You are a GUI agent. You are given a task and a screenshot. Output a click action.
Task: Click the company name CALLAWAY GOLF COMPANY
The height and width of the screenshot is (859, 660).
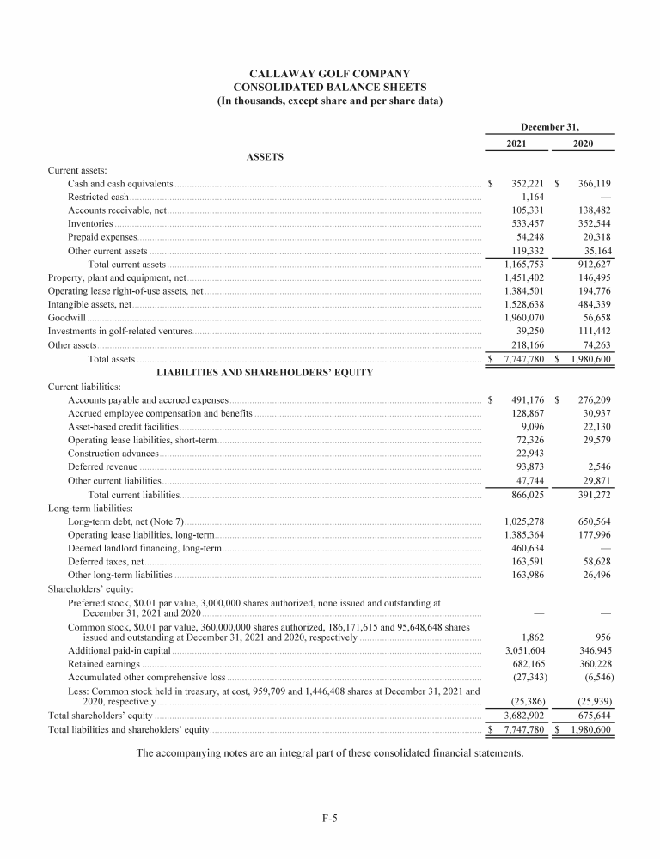(329, 74)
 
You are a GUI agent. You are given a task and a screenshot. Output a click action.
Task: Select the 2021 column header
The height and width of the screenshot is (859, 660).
(518, 144)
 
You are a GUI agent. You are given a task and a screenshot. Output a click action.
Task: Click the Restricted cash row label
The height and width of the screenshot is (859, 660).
(98, 198)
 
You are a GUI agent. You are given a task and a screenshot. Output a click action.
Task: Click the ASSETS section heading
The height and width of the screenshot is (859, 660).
(265, 157)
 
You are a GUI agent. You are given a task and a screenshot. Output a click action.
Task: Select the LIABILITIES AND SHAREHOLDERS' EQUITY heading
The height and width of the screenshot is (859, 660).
(265, 372)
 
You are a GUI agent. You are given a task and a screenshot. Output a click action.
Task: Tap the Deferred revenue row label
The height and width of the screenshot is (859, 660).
(102, 466)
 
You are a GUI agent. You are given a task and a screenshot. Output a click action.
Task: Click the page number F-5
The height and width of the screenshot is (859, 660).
(329, 818)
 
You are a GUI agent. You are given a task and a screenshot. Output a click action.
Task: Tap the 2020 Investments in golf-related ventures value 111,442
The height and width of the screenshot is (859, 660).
(590, 330)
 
